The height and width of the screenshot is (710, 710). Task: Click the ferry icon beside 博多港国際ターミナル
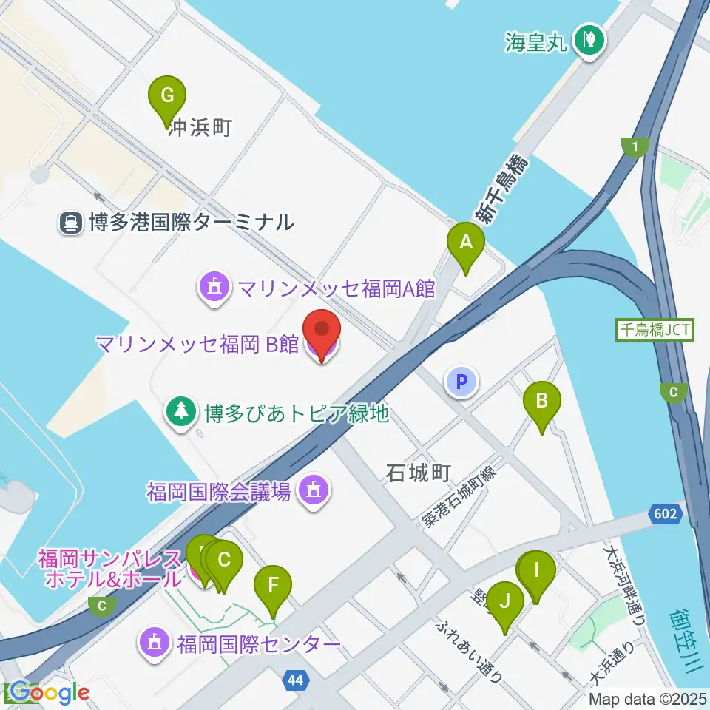point(72,222)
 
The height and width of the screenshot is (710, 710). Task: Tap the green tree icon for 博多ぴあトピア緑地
point(180,412)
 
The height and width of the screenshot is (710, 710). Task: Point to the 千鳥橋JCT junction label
point(655,329)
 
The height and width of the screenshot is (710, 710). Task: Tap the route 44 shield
point(296,679)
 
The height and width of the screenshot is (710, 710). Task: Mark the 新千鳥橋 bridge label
point(501,189)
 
